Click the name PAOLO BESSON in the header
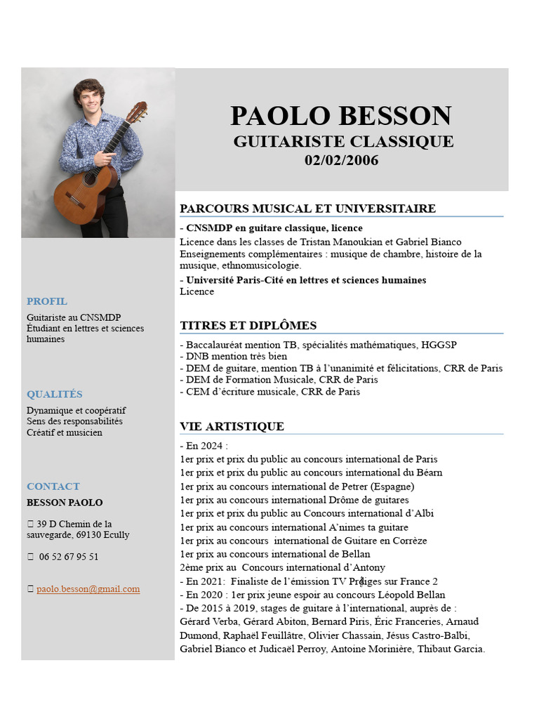point(341,116)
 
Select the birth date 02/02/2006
point(341,161)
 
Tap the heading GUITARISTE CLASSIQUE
point(343,141)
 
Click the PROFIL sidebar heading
point(47,301)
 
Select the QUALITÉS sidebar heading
point(55,394)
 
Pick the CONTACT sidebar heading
point(53,486)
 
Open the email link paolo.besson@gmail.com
point(88,589)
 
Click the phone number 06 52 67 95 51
point(69,557)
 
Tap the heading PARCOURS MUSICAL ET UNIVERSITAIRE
point(307,209)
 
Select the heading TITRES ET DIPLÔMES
point(248,325)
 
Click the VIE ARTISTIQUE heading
point(232,426)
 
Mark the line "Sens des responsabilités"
point(74,421)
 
